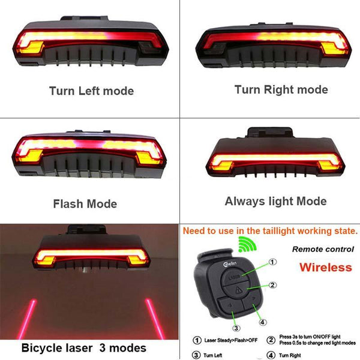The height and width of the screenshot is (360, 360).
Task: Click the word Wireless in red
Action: [326, 266]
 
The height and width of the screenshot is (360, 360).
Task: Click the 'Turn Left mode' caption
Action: [92, 91]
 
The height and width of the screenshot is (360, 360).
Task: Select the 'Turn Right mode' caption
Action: [281, 89]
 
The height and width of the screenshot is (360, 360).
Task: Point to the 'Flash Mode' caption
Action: [85, 203]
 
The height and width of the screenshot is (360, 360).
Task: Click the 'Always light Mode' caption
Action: [275, 201]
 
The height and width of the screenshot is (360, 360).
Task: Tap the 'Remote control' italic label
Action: [322, 248]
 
